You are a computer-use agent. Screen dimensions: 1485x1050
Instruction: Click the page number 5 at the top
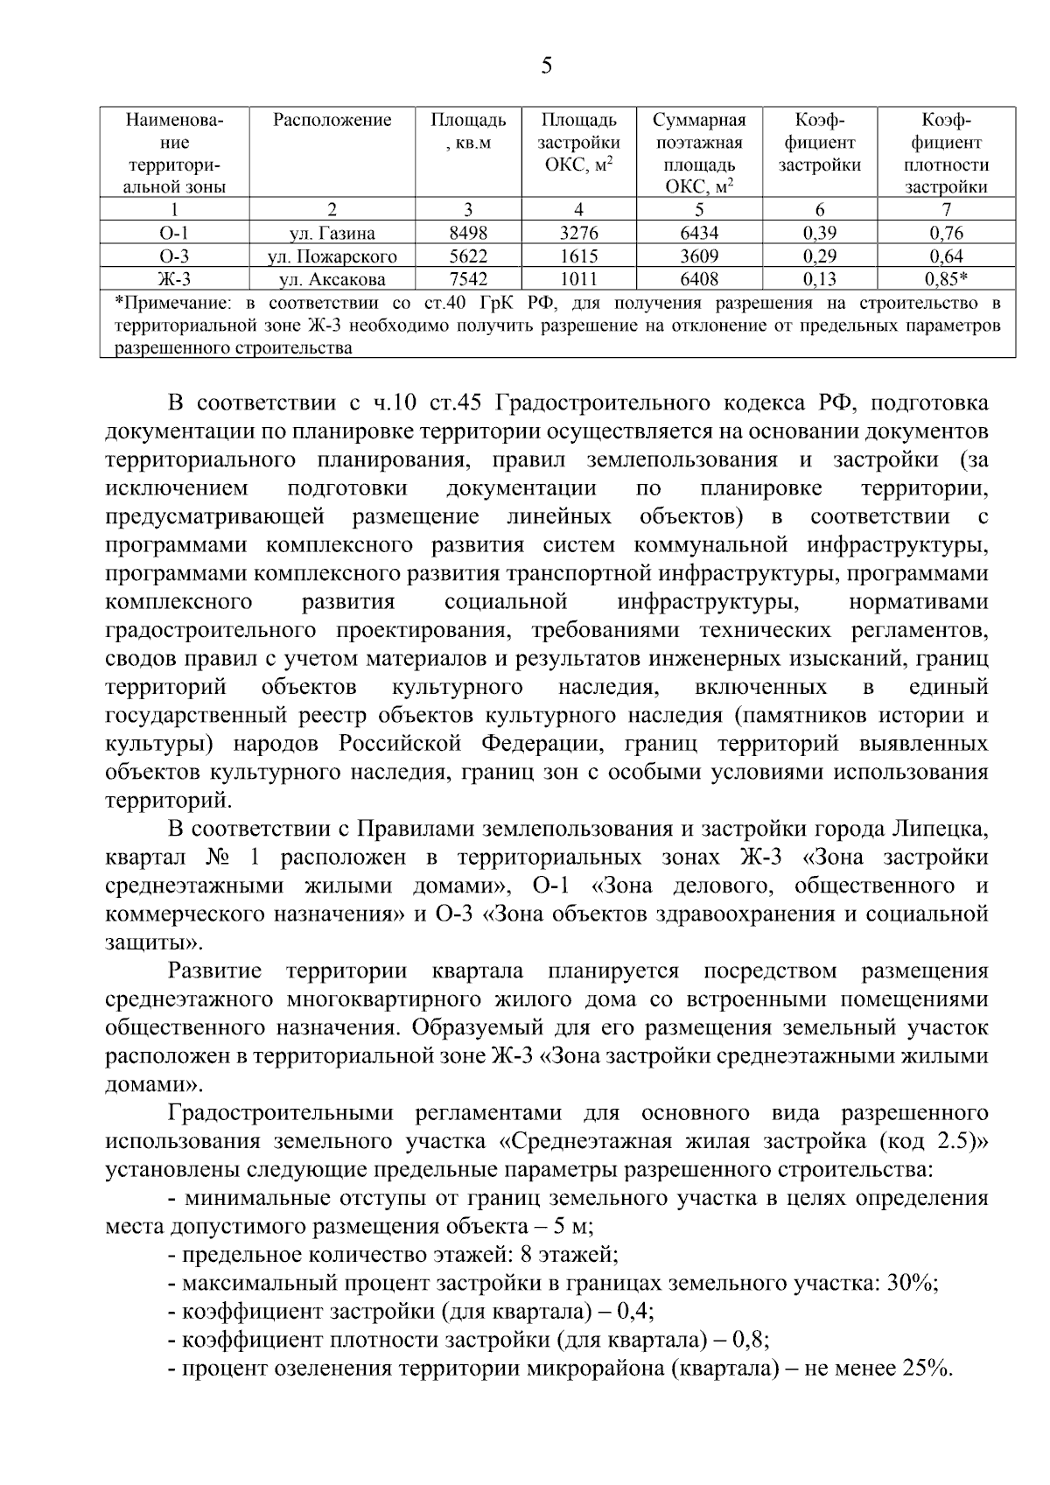(x=547, y=66)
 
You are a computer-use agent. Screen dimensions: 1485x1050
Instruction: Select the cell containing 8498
(x=468, y=233)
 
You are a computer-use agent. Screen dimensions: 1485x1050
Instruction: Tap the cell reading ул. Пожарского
(x=332, y=256)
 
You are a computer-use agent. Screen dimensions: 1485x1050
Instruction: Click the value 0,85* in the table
(x=946, y=279)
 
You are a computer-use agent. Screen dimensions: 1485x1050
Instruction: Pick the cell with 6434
(x=698, y=233)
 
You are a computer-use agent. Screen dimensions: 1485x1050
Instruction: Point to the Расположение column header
(x=332, y=120)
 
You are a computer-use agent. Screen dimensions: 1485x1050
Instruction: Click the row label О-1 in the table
(x=174, y=233)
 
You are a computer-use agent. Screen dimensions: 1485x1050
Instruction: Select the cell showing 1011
(x=578, y=279)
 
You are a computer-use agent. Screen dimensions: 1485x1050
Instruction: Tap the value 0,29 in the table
(x=819, y=256)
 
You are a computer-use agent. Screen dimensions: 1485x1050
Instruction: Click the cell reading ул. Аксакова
(x=332, y=279)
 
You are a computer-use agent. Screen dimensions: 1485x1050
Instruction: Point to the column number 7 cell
(x=946, y=209)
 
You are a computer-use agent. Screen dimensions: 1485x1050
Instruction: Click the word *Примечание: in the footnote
(x=173, y=304)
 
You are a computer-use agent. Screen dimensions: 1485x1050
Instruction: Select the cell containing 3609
(x=698, y=256)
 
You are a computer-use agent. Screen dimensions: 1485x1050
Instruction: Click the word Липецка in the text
(x=941, y=829)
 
